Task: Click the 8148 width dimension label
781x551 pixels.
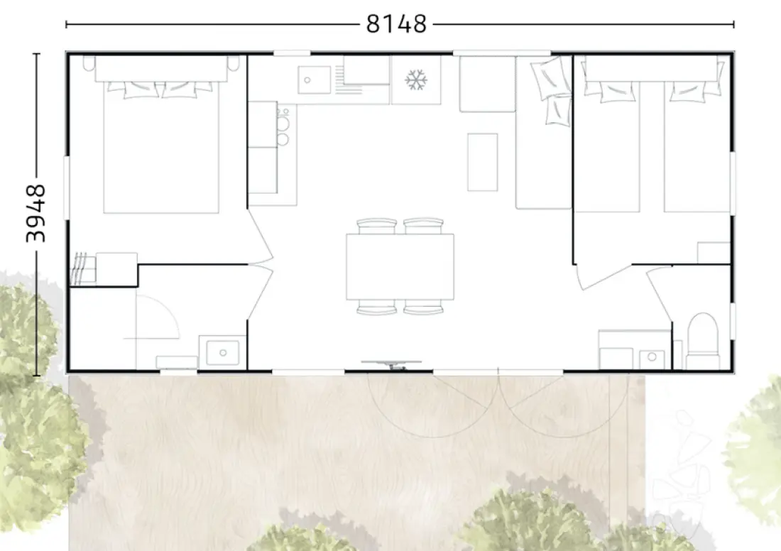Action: click(x=396, y=24)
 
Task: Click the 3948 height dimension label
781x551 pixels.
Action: click(x=36, y=213)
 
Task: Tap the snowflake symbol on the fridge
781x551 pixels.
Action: click(x=416, y=80)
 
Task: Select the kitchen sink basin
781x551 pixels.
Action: click(x=314, y=80)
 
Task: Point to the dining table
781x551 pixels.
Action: click(x=400, y=266)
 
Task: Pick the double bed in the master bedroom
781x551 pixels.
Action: click(x=161, y=147)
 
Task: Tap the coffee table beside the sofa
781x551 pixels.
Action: click(x=482, y=162)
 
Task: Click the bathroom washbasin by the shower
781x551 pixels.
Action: click(x=223, y=353)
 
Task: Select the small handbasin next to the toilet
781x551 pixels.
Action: click(x=652, y=356)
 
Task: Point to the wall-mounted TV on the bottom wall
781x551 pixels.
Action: click(x=392, y=365)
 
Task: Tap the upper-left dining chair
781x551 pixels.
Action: click(x=376, y=227)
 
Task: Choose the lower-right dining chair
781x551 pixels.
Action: click(x=423, y=307)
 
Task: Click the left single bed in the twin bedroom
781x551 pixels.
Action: click(x=606, y=146)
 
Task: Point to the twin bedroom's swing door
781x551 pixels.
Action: click(x=603, y=276)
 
